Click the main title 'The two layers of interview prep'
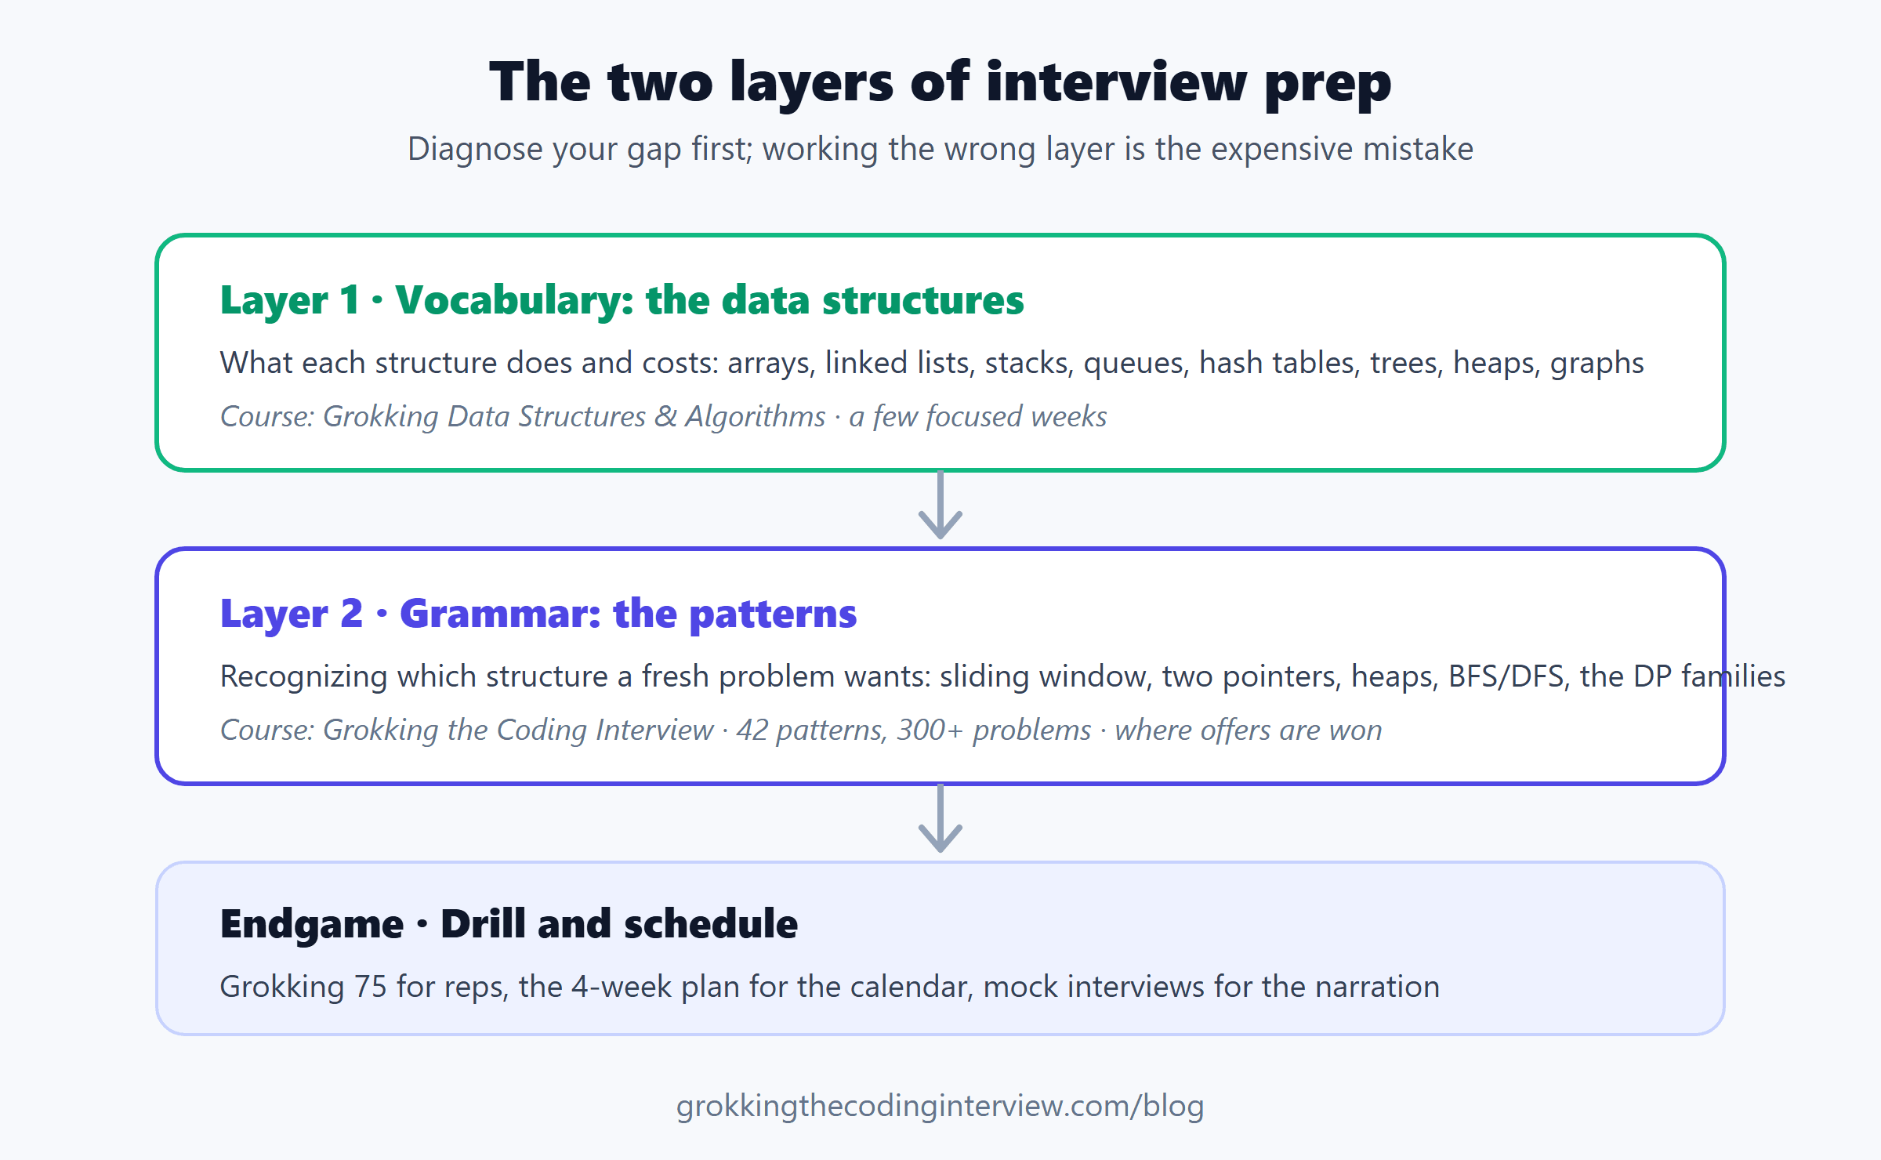click(x=940, y=82)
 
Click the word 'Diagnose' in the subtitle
click(x=475, y=149)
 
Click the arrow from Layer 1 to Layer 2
click(x=940, y=505)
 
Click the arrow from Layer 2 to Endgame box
click(x=940, y=818)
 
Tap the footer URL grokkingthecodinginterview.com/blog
click(x=940, y=1106)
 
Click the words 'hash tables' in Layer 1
click(x=1279, y=363)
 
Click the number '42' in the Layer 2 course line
click(x=752, y=730)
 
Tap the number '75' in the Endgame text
click(x=371, y=987)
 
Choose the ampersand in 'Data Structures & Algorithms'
click(x=666, y=417)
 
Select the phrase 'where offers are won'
click(x=1249, y=730)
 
